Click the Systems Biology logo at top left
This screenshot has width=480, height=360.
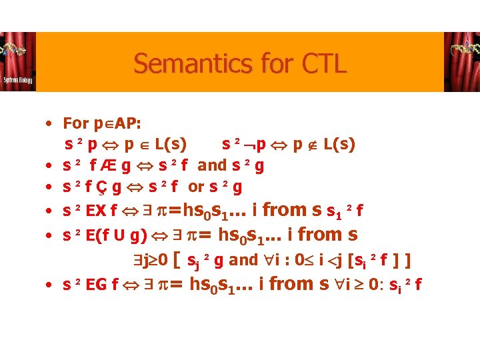click(x=17, y=61)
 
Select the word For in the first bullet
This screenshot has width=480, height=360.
click(x=75, y=123)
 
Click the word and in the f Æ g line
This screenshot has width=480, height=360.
click(x=212, y=166)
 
